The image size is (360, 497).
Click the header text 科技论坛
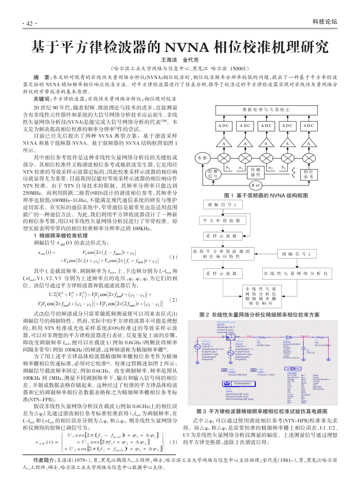pos(325,22)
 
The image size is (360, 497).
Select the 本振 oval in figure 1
pos(202,158)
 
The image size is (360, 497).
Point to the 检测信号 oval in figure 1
pos(212,173)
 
